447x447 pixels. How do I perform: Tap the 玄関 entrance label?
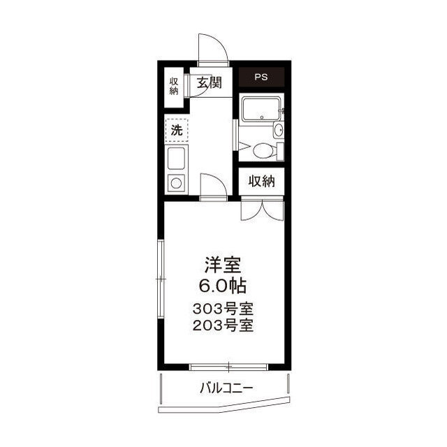pos(208,84)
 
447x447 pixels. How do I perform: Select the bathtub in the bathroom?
pos(261,110)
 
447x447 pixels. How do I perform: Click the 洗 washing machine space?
pos(177,130)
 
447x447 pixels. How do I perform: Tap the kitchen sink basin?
pos(177,159)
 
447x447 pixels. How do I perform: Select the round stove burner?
pos(177,184)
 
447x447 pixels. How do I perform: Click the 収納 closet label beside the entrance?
pos(173,86)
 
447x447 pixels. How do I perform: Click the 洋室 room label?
pos(223,265)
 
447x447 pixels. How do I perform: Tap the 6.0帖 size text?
pos(223,285)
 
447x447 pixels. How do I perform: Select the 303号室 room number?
pos(223,309)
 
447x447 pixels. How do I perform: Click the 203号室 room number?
pos(223,325)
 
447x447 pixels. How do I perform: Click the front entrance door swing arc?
pos(211,47)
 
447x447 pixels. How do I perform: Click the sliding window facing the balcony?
pos(228,366)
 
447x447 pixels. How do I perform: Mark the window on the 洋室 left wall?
pos(160,279)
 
